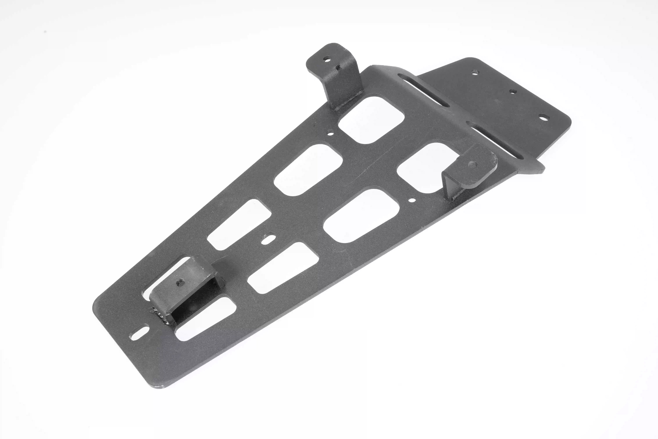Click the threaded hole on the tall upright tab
coord(326,59)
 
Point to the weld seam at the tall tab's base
coord(347,102)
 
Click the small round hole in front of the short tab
coord(412,200)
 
